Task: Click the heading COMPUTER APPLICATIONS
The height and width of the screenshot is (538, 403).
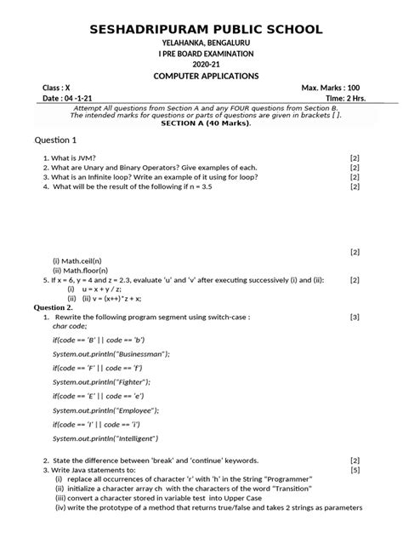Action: point(201,77)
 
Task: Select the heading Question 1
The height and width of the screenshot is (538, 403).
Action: point(54,140)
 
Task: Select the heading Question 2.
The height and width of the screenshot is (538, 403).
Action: point(59,306)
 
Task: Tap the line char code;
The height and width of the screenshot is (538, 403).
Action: point(71,325)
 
